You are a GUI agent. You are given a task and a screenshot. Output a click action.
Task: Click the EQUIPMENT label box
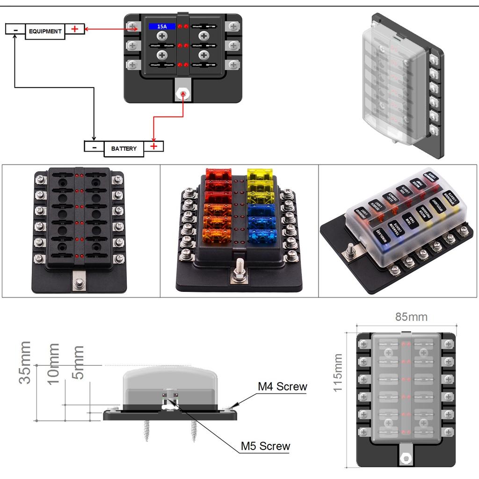click(x=45, y=31)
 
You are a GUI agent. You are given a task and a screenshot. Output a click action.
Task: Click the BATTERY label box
click(x=124, y=148)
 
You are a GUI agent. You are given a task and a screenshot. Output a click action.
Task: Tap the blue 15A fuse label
click(x=162, y=27)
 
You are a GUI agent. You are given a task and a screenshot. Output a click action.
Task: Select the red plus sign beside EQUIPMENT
click(x=74, y=29)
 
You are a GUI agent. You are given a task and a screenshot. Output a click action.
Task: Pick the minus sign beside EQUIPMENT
click(x=15, y=29)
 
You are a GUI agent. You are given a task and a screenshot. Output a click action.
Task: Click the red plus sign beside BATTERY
click(x=154, y=146)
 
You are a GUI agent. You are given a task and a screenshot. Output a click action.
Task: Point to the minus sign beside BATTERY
click(x=94, y=146)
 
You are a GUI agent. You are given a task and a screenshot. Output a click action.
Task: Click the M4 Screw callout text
click(x=283, y=386)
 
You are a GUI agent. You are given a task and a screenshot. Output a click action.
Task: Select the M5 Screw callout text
click(x=265, y=446)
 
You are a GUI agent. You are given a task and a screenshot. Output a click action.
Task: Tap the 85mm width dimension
click(x=411, y=317)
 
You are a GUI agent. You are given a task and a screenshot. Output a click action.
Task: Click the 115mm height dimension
click(x=338, y=373)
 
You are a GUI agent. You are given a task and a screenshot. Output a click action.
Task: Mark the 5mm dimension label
click(x=78, y=363)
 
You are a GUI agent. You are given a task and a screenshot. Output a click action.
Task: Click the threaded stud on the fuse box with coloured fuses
click(x=239, y=270)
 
